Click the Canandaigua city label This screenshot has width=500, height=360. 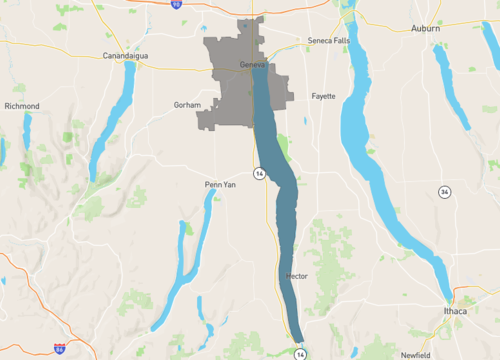pyautogui.click(x=125, y=56)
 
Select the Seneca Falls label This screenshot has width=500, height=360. pyautogui.click(x=329, y=41)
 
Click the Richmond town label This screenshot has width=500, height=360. pyautogui.click(x=22, y=105)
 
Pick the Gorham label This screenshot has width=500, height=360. pyautogui.click(x=187, y=104)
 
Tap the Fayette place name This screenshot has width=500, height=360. pyautogui.click(x=323, y=96)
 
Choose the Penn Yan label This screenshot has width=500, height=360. pyautogui.click(x=219, y=185)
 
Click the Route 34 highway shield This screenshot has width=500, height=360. pyautogui.click(x=443, y=191)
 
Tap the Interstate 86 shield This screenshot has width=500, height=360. pyautogui.click(x=60, y=348)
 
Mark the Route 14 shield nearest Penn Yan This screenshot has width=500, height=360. pyautogui.click(x=259, y=174)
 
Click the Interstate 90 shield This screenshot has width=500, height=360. pyautogui.click(x=176, y=5)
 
